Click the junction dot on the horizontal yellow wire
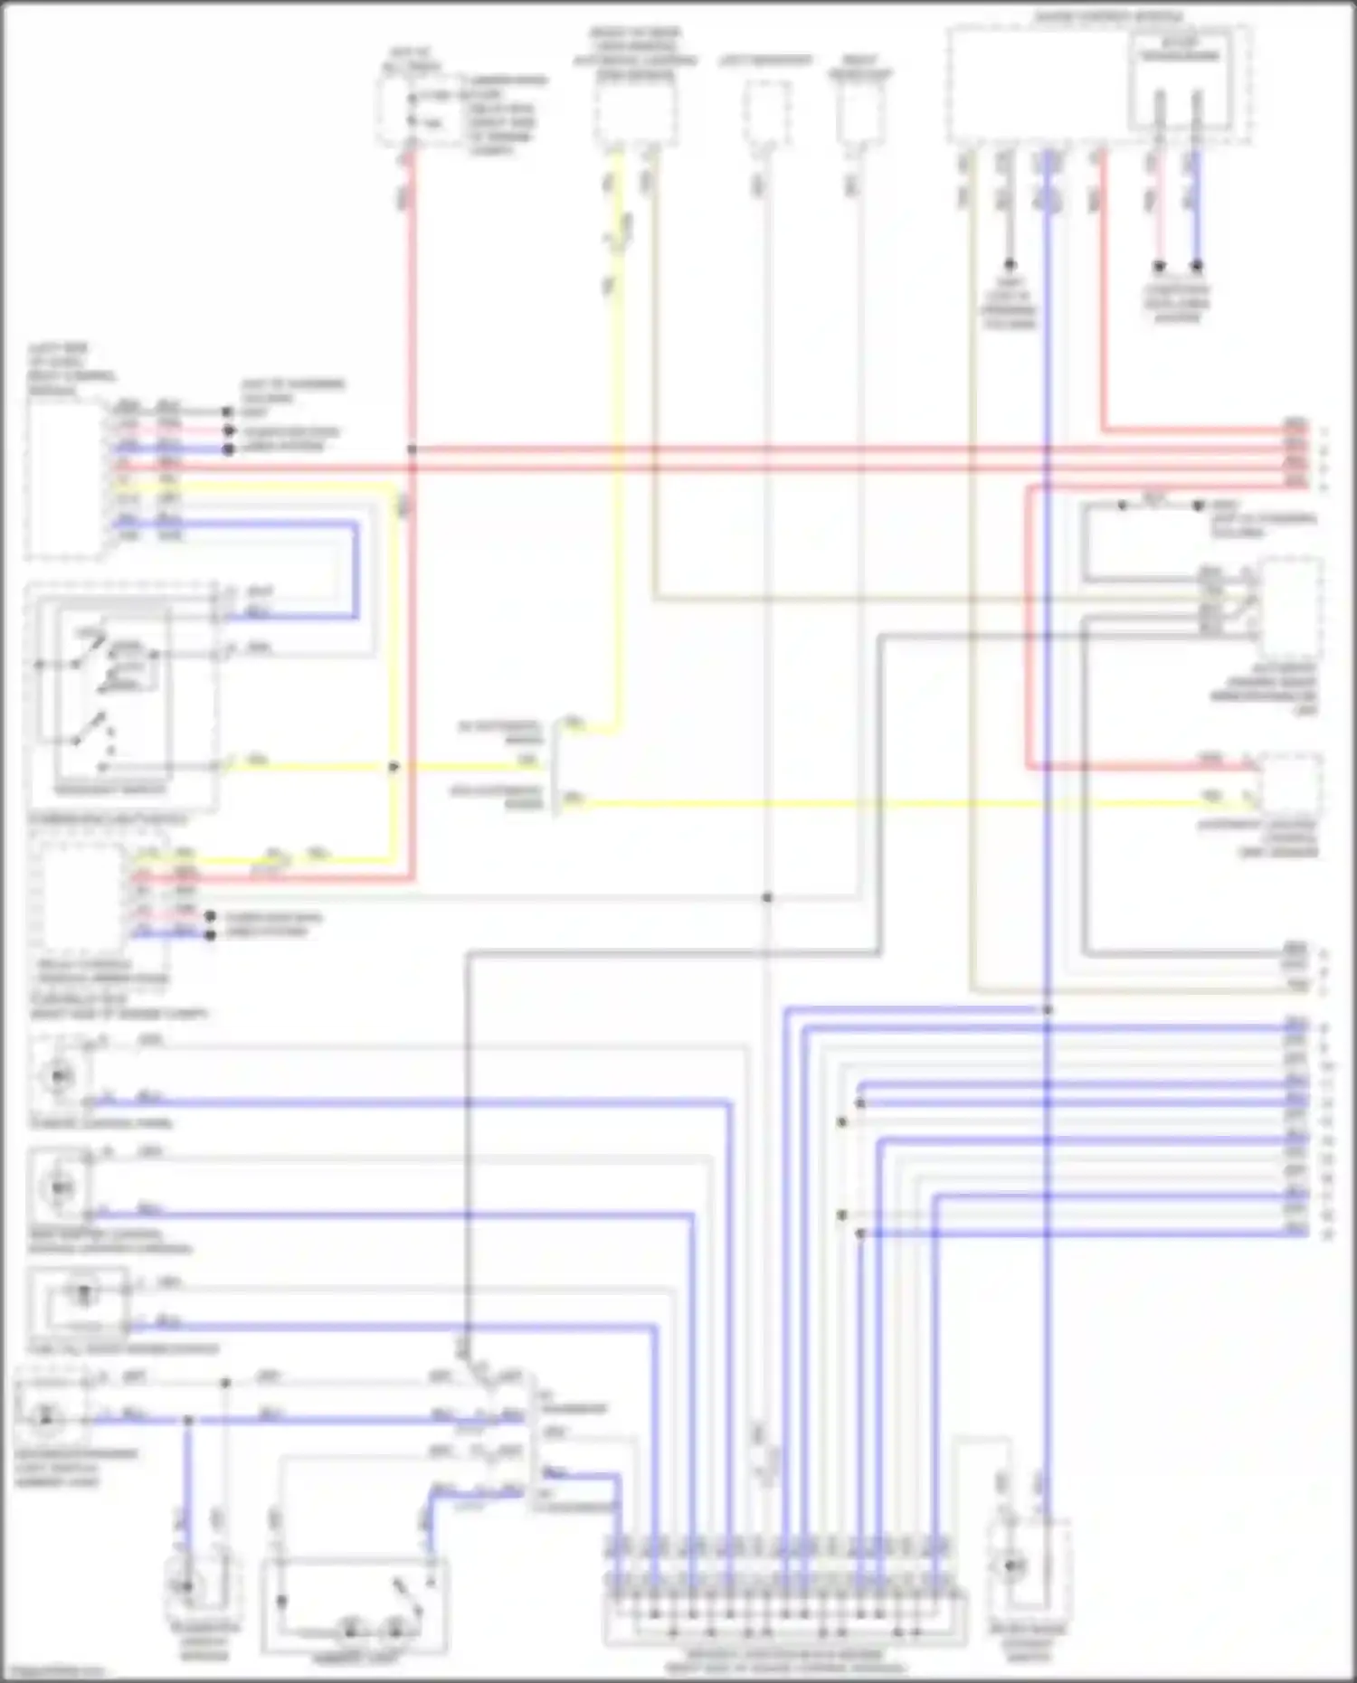pyautogui.click(x=394, y=767)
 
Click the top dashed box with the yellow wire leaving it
pyautogui.click(x=634, y=113)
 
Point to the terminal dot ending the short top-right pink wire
pyautogui.click(x=1158, y=267)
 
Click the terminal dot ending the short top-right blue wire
pyautogui.click(x=1196, y=267)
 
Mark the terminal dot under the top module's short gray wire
pyautogui.click(x=1009, y=265)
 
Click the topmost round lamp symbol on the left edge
pyautogui.click(x=59, y=1075)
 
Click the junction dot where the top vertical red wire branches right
pyautogui.click(x=412, y=449)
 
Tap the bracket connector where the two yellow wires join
pyautogui.click(x=554, y=764)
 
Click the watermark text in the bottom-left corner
pyautogui.click(x=52, y=1671)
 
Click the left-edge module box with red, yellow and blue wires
pyautogui.click(x=65, y=479)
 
